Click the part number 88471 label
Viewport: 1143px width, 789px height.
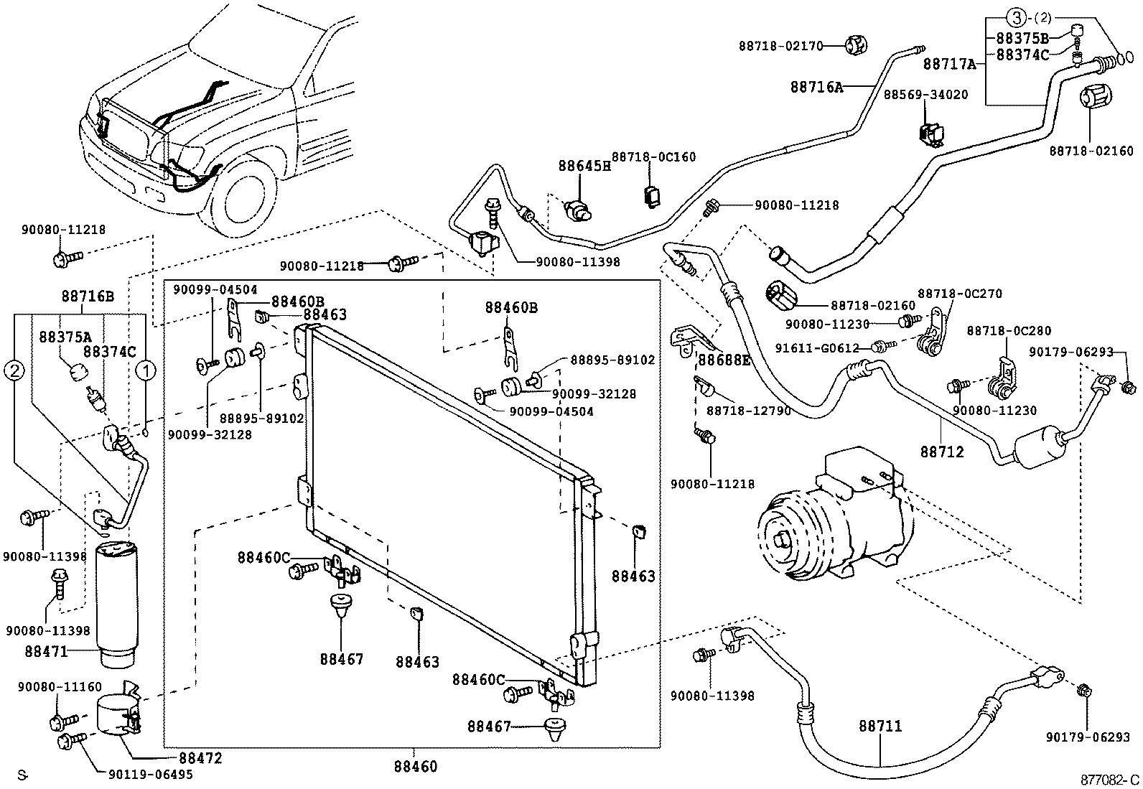(45, 652)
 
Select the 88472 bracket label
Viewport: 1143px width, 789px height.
(200, 758)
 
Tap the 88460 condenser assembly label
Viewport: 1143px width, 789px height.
(415, 767)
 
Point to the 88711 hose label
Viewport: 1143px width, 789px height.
(880, 727)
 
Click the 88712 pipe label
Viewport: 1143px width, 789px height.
(942, 452)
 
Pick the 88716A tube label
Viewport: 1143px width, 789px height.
(816, 87)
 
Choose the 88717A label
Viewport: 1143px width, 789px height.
(950, 64)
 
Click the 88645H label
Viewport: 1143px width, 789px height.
(584, 167)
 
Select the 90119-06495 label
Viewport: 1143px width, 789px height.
(150, 775)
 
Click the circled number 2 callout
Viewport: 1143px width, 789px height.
(15, 370)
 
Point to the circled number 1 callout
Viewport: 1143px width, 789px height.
(146, 370)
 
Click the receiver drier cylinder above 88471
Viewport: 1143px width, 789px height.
(117, 596)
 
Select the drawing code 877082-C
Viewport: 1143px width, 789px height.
(1110, 780)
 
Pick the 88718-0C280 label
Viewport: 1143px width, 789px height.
(1008, 331)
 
